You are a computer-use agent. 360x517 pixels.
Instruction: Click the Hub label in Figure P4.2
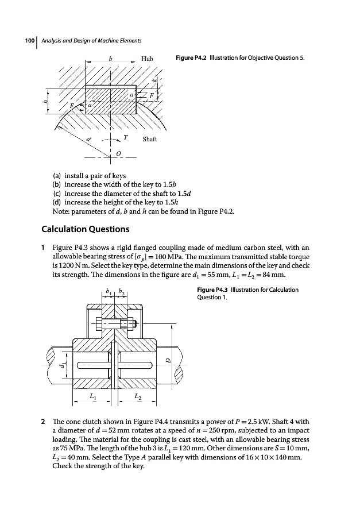(148, 59)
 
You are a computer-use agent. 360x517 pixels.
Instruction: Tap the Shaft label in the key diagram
(150, 139)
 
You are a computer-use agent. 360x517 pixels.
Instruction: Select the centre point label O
(118, 153)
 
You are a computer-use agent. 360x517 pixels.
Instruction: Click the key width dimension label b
(110, 58)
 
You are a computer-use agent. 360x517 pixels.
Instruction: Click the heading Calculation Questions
(86, 229)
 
